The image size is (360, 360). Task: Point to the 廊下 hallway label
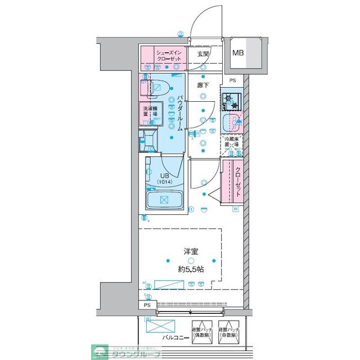pyautogui.click(x=202, y=85)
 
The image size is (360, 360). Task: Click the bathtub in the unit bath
pyautogui.click(x=164, y=200)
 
